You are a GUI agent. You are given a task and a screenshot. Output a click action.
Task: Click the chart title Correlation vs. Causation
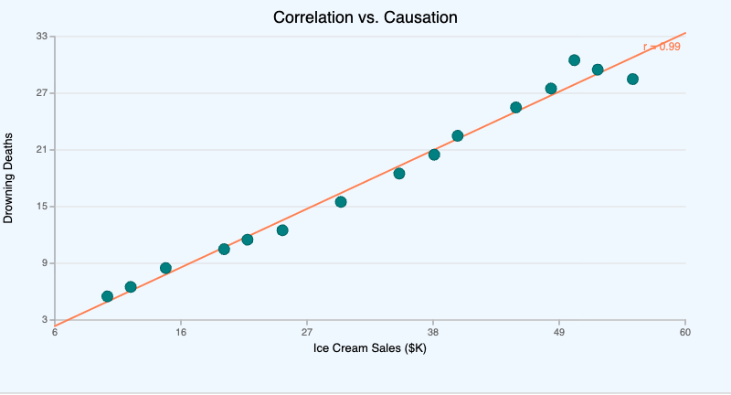pyautogui.click(x=365, y=17)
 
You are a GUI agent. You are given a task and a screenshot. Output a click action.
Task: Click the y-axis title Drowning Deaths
pyautogui.click(x=9, y=178)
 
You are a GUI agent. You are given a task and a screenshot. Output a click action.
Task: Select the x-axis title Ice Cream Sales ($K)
pyautogui.click(x=370, y=348)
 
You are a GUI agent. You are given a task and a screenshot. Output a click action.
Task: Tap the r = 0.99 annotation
pyautogui.click(x=662, y=47)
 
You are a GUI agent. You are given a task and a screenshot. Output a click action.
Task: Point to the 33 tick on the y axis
pyautogui.click(x=41, y=37)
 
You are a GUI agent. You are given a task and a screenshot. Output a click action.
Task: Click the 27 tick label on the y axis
pyautogui.click(x=41, y=93)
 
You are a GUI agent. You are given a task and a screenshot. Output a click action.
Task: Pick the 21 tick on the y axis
pyautogui.click(x=41, y=150)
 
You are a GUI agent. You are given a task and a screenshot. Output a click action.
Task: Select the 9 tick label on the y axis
pyautogui.click(x=44, y=263)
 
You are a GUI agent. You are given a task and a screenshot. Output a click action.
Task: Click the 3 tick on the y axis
pyautogui.click(x=44, y=320)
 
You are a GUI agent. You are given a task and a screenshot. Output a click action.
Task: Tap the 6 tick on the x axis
pyautogui.click(x=55, y=332)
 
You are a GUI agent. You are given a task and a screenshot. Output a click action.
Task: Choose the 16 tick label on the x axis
pyautogui.click(x=181, y=332)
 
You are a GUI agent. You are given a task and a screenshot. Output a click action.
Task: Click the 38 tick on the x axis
pyautogui.click(x=433, y=332)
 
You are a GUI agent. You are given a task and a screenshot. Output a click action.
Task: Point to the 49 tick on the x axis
pyautogui.click(x=559, y=332)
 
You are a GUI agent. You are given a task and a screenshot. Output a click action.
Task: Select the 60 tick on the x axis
pyautogui.click(x=685, y=332)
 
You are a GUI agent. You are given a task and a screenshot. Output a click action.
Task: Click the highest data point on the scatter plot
pyautogui.click(x=574, y=60)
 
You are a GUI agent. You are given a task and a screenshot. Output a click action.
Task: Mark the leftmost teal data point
pyautogui.click(x=107, y=296)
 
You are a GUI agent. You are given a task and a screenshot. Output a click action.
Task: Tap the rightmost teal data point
pyautogui.click(x=632, y=80)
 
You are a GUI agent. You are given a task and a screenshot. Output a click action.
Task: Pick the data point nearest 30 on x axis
pyautogui.click(x=341, y=202)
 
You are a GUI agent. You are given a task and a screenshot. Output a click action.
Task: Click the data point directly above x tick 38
pyautogui.click(x=434, y=155)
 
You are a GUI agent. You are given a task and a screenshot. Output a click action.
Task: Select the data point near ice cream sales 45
pyautogui.click(x=515, y=107)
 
